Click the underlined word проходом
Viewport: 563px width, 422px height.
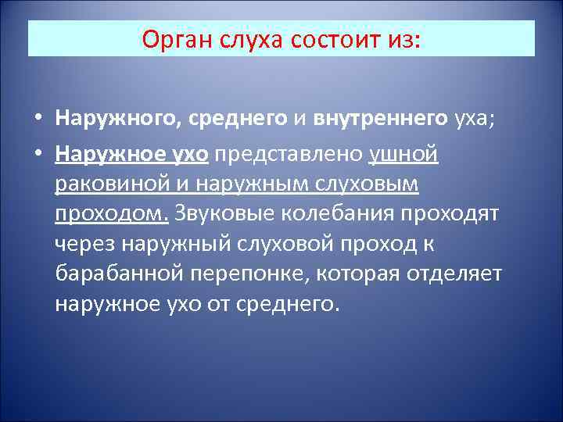[112, 213]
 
